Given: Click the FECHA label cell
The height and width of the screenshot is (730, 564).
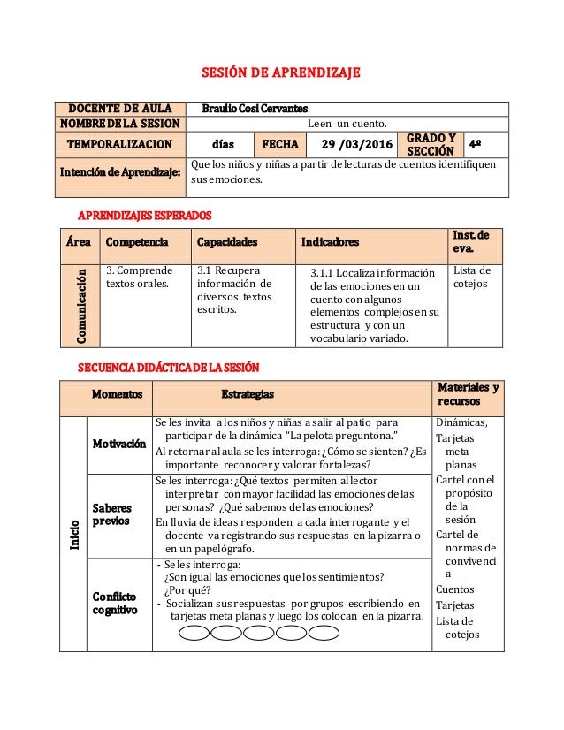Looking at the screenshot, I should tap(278, 143).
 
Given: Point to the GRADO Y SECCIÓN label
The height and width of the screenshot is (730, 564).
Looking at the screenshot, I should tap(431, 143).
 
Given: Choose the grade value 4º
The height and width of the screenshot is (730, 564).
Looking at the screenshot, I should tap(475, 143).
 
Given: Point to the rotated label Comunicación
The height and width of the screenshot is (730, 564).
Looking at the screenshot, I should tap(80, 304).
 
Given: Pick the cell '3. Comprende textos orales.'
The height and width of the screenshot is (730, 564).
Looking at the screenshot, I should tap(138, 278).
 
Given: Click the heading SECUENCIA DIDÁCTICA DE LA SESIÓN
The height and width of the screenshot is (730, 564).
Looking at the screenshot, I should tap(170, 367).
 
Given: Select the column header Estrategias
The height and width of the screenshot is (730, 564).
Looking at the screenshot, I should tap(247, 393).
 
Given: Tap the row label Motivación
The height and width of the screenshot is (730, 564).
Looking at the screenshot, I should tap(119, 444).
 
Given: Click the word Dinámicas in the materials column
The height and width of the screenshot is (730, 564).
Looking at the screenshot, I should tap(457, 422).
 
